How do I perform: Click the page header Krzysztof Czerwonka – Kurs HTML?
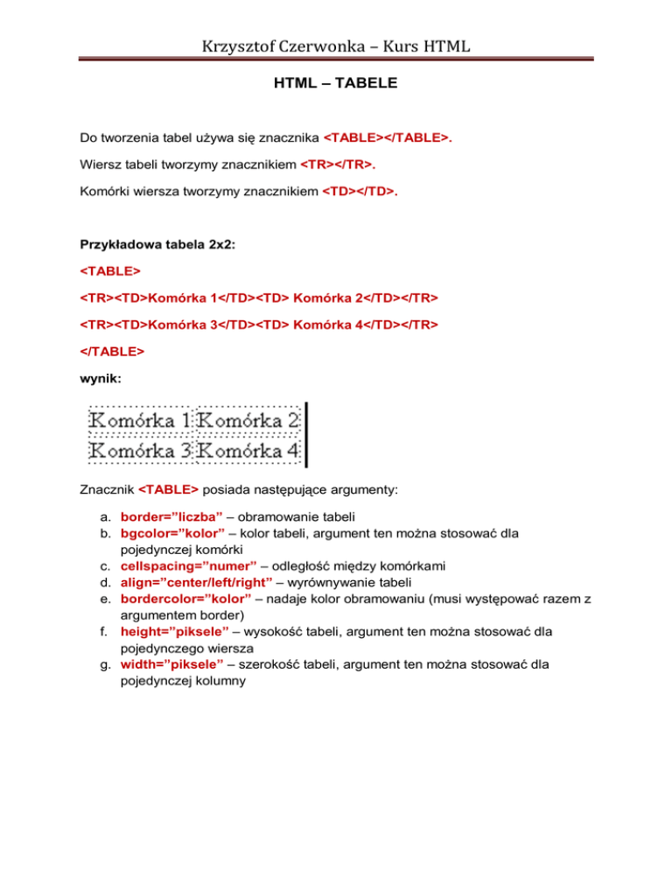coord(336,41)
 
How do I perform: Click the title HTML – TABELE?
coord(336,85)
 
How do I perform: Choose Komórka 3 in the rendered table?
coord(141,452)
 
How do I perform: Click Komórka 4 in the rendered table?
coord(249,452)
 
